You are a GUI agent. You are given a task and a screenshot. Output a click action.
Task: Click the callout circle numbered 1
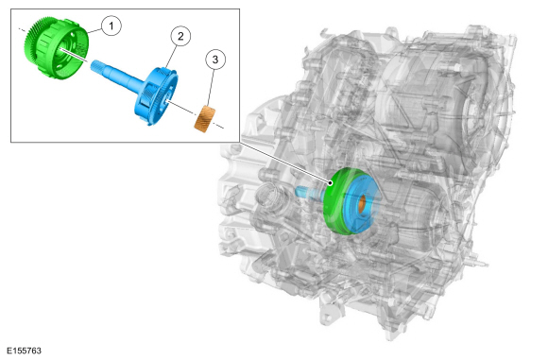coord(111,26)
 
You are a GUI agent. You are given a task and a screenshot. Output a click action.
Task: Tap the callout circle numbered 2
coord(180,36)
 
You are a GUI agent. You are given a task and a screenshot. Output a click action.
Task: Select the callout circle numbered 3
coord(215,60)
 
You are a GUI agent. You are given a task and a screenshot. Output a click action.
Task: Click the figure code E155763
coord(25,351)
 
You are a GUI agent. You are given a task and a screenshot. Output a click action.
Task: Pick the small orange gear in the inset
coord(205,119)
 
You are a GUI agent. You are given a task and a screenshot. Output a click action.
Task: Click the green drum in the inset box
coord(56,48)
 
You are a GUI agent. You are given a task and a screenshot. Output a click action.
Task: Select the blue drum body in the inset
coord(156,96)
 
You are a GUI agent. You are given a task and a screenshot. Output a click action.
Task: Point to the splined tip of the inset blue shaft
coord(96,66)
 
